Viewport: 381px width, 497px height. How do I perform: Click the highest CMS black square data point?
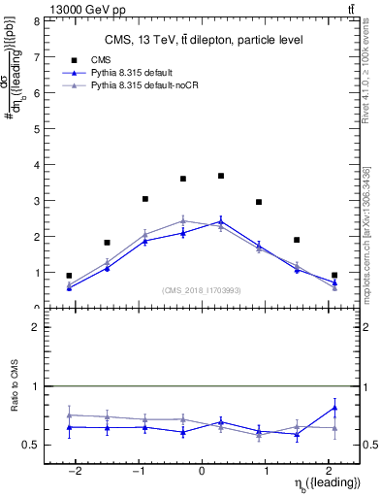point(221,176)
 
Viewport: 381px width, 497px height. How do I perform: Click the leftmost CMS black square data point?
point(69,276)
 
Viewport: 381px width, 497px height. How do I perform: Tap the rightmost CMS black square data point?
point(334,276)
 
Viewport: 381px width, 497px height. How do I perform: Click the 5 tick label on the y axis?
point(36,128)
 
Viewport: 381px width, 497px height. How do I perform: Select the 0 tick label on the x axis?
point(202,470)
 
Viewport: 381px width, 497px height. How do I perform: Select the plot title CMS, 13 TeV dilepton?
point(204,40)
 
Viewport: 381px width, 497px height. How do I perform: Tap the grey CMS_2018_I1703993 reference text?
point(202,291)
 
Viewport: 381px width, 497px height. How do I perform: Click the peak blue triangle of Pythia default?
point(221,221)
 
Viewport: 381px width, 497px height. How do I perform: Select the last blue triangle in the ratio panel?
point(334,407)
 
